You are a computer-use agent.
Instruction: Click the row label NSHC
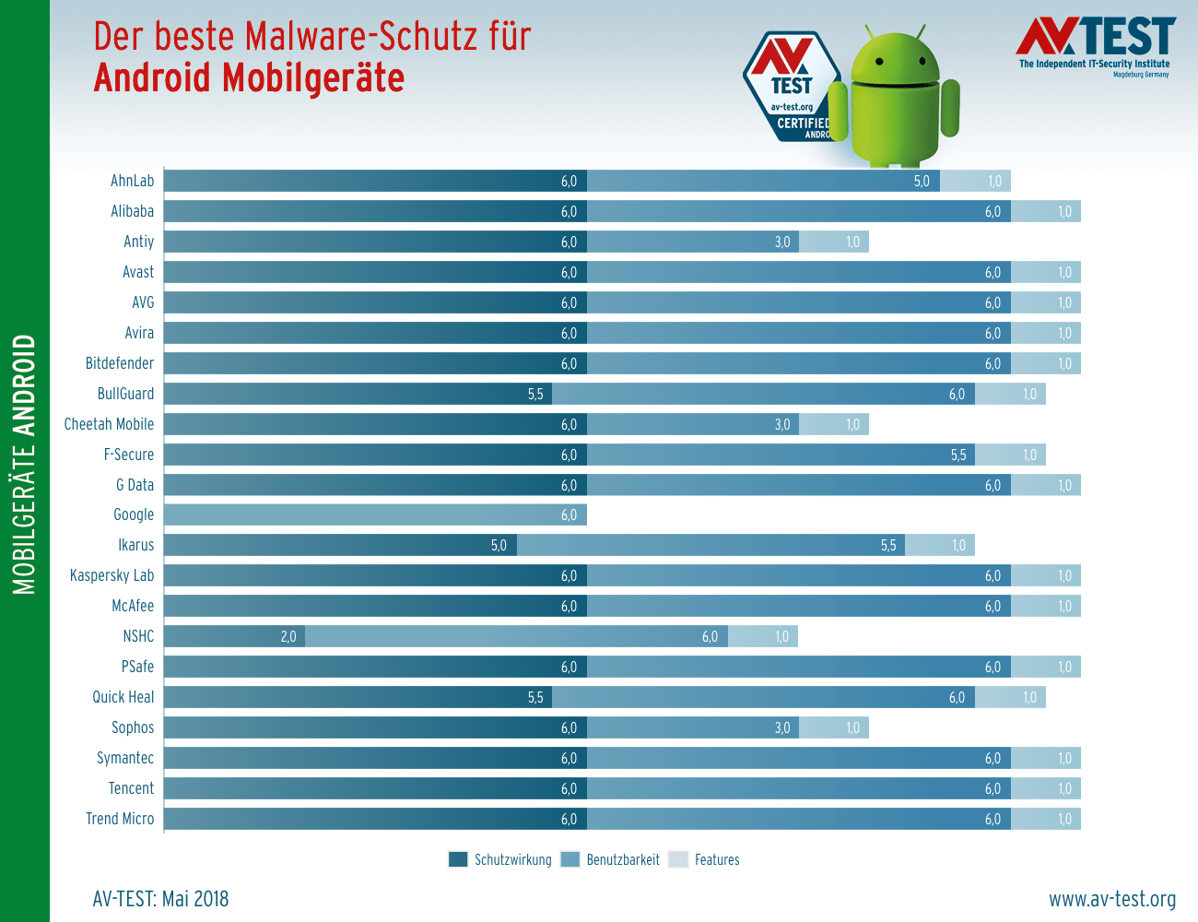[138, 636]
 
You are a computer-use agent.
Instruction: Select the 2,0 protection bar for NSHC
[234, 636]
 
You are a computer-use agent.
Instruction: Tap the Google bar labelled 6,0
[375, 514]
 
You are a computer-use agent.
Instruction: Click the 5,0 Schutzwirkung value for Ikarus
[499, 545]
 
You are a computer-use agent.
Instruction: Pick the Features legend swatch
[678, 859]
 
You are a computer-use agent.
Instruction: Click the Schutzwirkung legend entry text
[512, 859]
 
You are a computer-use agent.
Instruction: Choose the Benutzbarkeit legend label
[623, 859]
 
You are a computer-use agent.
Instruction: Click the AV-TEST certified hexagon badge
[791, 88]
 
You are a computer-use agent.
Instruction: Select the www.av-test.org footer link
[1112, 899]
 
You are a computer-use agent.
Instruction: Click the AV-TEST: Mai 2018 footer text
[160, 899]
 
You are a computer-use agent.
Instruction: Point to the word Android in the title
[153, 78]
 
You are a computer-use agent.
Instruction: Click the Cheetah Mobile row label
[109, 424]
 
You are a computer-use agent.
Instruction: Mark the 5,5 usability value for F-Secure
[958, 455]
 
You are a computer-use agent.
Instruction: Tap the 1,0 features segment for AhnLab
[975, 181]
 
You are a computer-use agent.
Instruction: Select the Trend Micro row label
[120, 819]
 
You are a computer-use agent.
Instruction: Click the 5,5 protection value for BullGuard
[535, 394]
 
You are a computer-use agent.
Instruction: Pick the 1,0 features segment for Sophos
[834, 727]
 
